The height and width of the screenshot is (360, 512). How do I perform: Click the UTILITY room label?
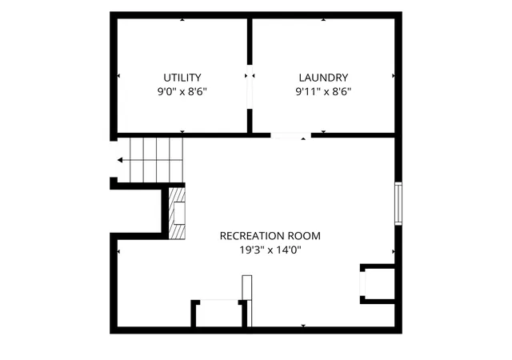(182, 78)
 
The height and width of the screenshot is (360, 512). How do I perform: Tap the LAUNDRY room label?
(323, 78)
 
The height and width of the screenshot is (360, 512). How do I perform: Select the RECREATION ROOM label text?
(270, 236)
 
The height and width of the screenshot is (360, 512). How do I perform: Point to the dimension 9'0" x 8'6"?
(182, 91)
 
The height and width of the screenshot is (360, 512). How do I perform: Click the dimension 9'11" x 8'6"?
(323, 91)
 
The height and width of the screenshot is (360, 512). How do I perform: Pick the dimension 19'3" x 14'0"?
(270, 250)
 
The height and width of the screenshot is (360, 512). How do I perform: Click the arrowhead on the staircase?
(120, 160)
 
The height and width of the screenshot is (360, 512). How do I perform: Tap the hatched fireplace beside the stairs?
(177, 214)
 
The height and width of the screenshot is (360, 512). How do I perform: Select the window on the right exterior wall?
(398, 204)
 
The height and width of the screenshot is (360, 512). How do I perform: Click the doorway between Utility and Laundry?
(250, 86)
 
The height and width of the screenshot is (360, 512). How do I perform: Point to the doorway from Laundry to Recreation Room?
(290, 135)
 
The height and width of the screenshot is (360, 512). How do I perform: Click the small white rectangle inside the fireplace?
(179, 214)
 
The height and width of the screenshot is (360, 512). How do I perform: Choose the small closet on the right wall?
(378, 284)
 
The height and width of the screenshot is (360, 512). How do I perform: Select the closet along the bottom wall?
(218, 314)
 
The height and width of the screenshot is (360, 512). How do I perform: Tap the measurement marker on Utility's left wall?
(118, 76)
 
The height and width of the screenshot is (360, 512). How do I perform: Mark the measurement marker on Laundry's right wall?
(393, 76)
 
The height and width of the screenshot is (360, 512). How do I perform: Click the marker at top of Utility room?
(182, 20)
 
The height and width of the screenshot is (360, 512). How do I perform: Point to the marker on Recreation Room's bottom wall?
(303, 326)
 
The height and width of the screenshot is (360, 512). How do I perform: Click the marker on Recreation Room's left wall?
(118, 251)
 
